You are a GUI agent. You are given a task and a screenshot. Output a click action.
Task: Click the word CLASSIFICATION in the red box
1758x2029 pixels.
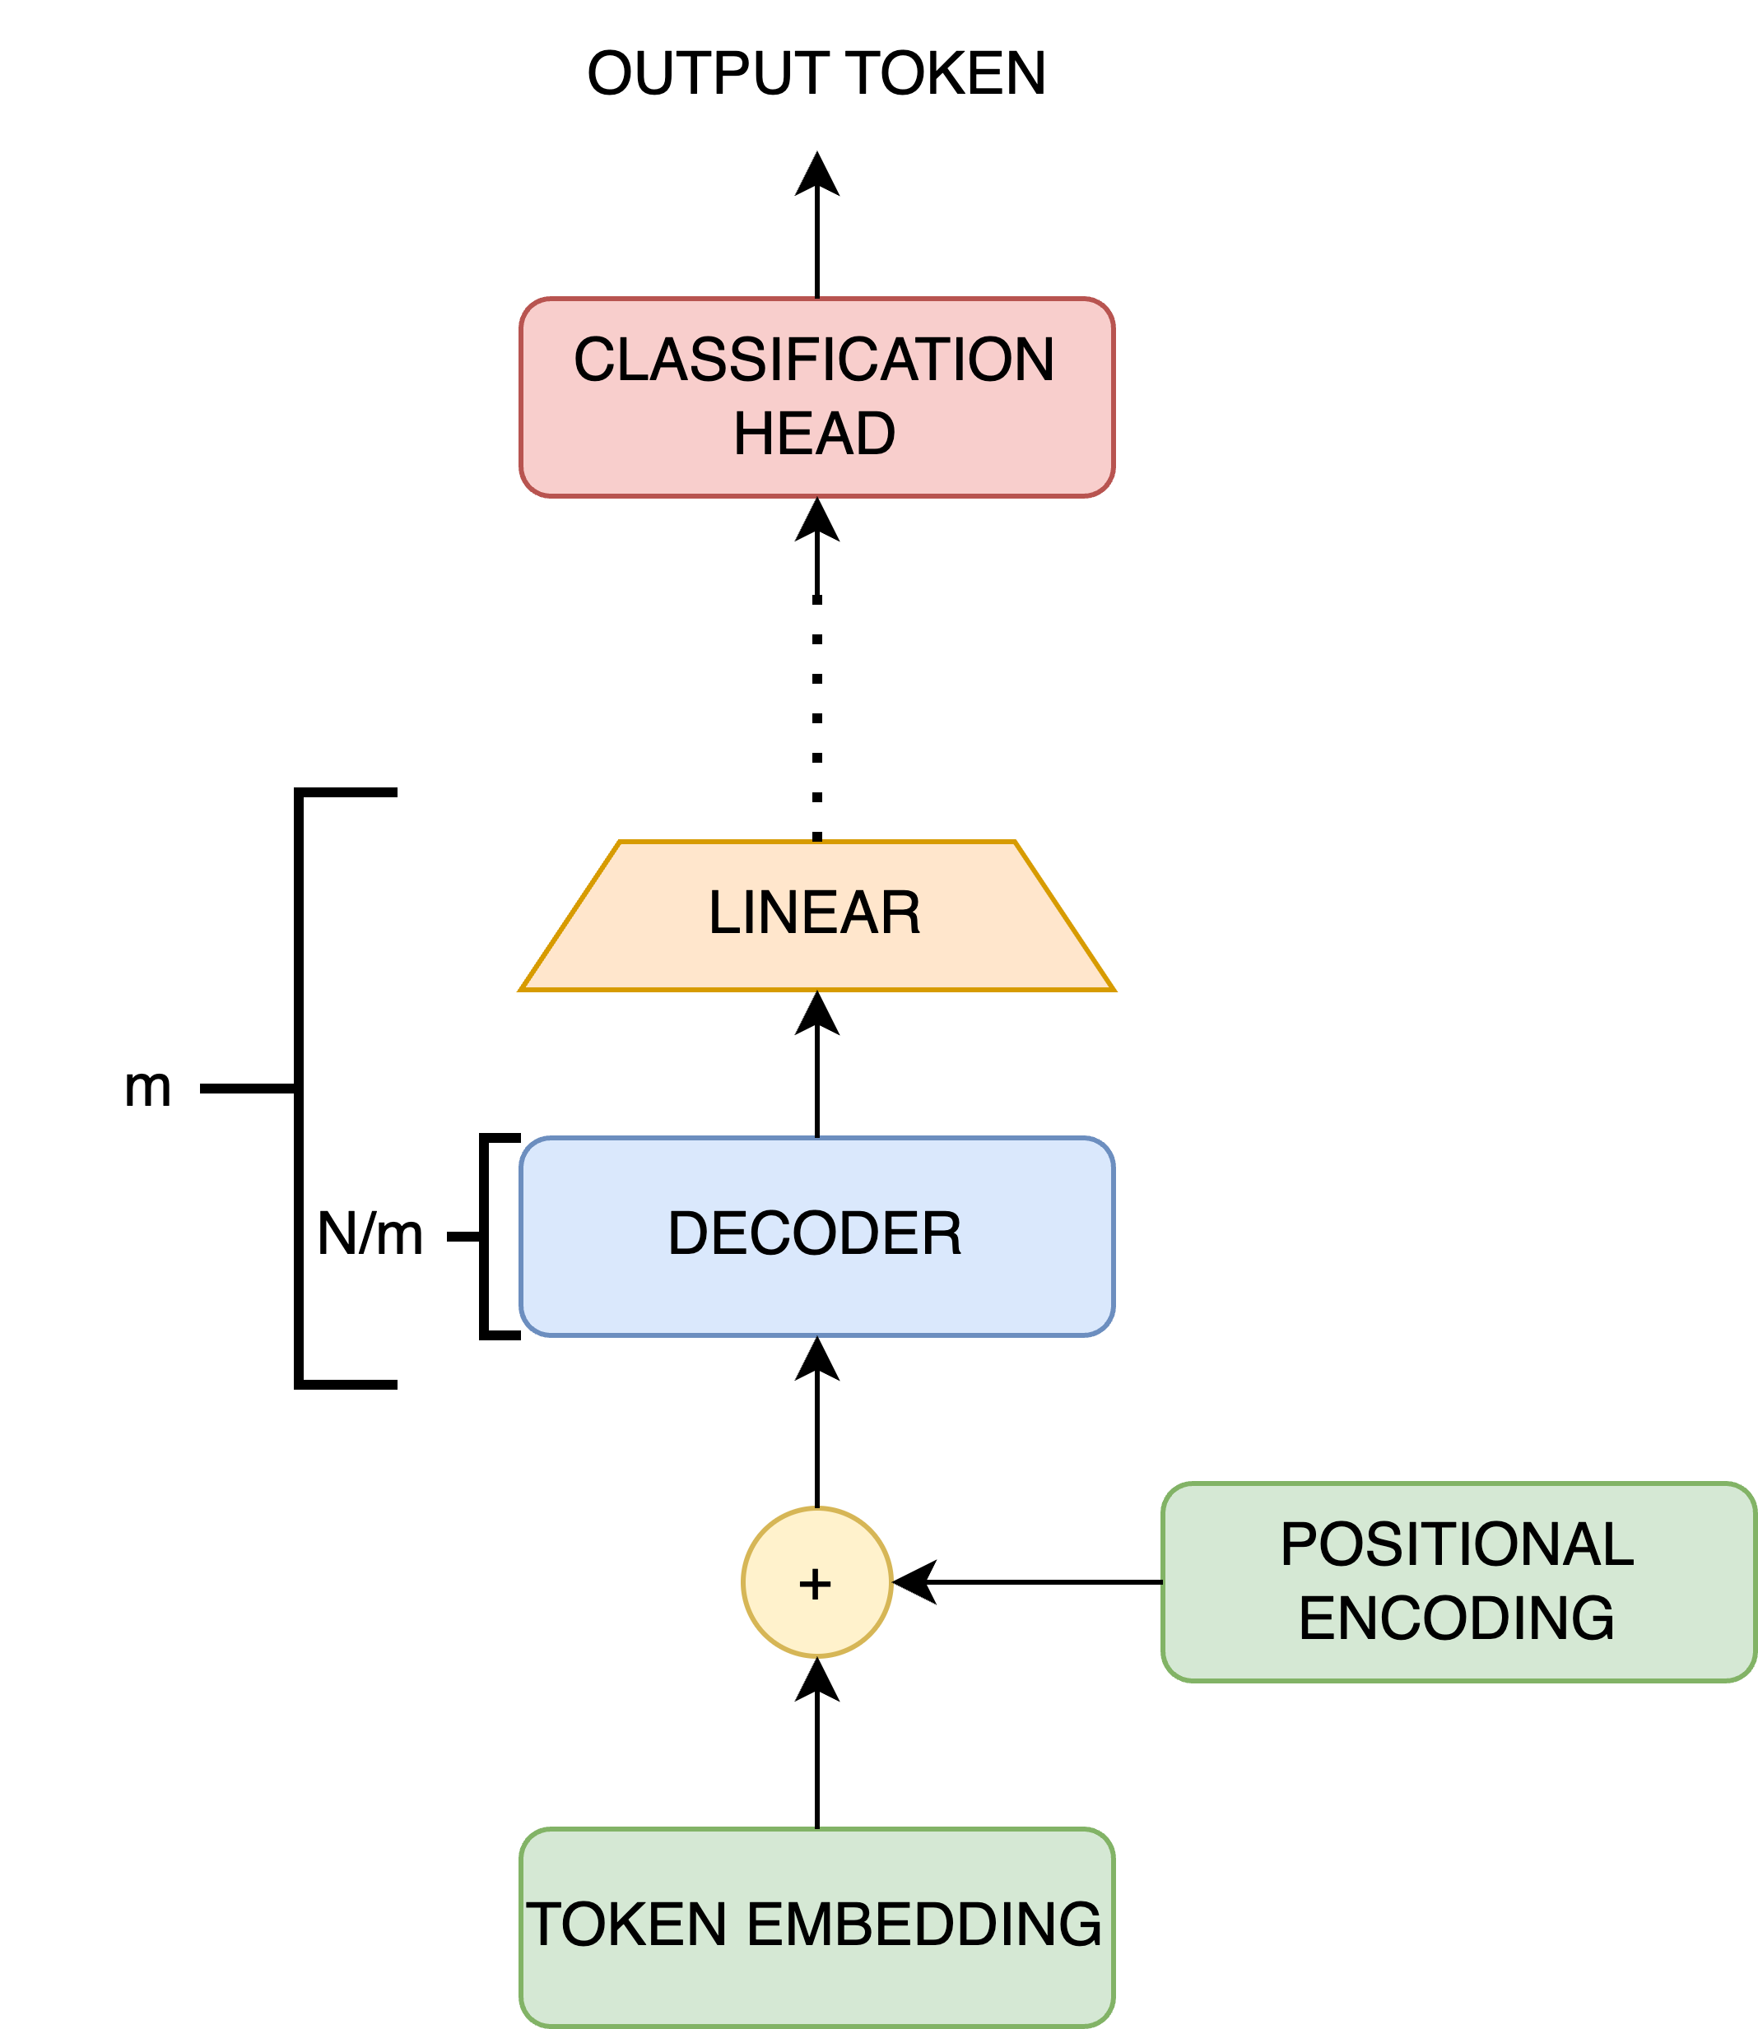(813, 360)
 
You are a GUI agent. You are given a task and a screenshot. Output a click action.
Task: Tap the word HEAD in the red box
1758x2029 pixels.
(813, 434)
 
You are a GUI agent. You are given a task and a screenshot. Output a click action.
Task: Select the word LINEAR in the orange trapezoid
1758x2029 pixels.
(813, 913)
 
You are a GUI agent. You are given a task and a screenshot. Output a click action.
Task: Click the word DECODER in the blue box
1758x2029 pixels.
(813, 1233)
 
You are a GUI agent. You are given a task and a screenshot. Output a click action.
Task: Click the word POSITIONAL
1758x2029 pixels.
(1456, 1544)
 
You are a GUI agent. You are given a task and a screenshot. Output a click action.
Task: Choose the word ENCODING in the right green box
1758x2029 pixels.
(1456, 1619)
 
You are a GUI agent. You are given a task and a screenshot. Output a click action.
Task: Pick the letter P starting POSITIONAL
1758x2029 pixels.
(1299, 1544)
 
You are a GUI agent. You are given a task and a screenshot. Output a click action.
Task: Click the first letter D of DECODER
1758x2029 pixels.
(686, 1233)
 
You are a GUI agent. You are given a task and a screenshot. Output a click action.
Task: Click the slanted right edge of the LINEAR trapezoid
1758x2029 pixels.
(1065, 916)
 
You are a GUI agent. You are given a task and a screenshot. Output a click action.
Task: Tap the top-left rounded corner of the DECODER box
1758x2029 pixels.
(528, 1145)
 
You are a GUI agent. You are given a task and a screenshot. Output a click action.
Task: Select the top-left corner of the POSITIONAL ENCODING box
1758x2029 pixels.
(1170, 1492)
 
